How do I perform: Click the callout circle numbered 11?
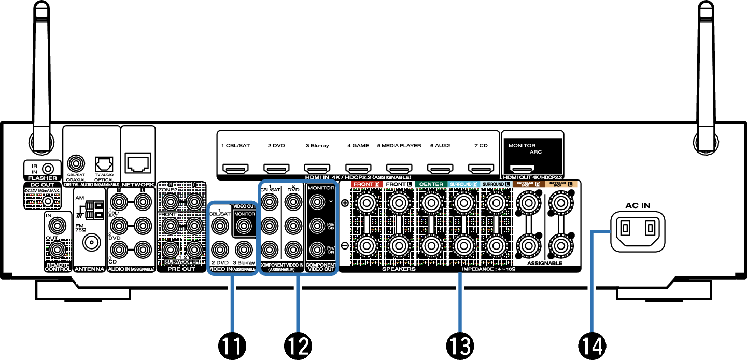point(232,343)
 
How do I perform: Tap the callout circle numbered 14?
point(591,343)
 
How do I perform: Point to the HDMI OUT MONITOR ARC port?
point(523,169)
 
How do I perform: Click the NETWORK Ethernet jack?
point(138,163)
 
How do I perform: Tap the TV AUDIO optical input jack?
point(104,164)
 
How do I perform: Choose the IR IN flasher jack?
point(48,169)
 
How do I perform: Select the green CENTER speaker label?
point(431,184)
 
